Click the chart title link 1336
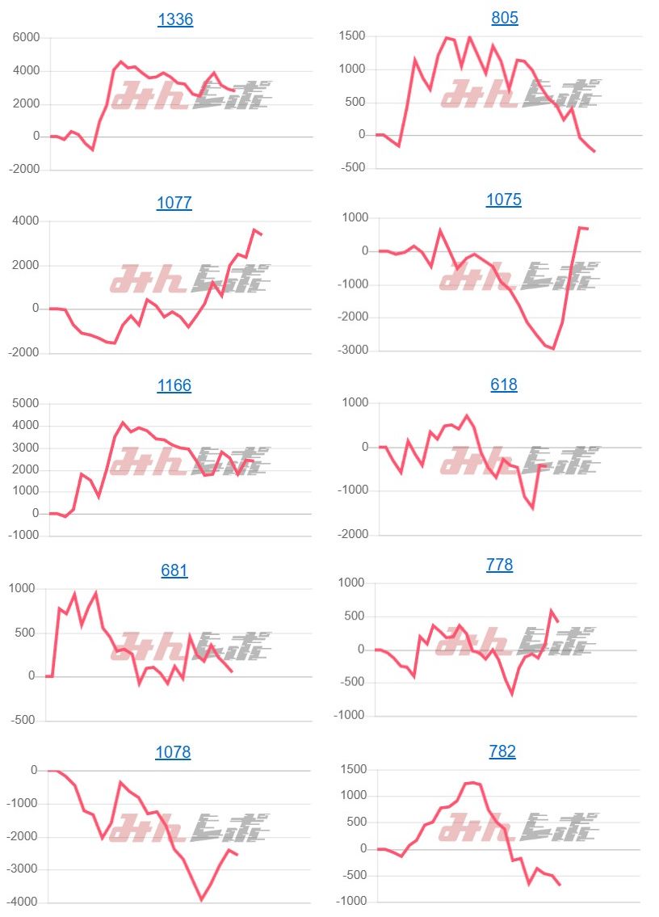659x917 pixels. coord(175,19)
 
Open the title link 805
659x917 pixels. coord(505,18)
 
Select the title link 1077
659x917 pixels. coord(174,203)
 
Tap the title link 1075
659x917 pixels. coord(504,200)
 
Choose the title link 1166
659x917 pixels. coord(174,385)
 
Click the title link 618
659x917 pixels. coord(504,385)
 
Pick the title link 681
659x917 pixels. coord(174,570)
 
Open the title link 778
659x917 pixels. coord(500,565)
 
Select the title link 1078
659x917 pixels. coord(174,752)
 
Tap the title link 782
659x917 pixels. coord(502,751)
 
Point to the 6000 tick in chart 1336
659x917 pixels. coord(25,37)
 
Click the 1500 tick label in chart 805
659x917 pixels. coord(352,36)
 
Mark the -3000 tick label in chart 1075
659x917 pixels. coord(350,351)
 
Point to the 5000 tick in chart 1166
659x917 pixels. coord(24,403)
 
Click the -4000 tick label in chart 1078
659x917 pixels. coord(23,902)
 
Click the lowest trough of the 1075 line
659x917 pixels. coord(553,349)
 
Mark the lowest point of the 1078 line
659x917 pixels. coord(201,899)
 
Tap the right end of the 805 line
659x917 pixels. coord(594,151)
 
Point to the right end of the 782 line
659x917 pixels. coord(560,885)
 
